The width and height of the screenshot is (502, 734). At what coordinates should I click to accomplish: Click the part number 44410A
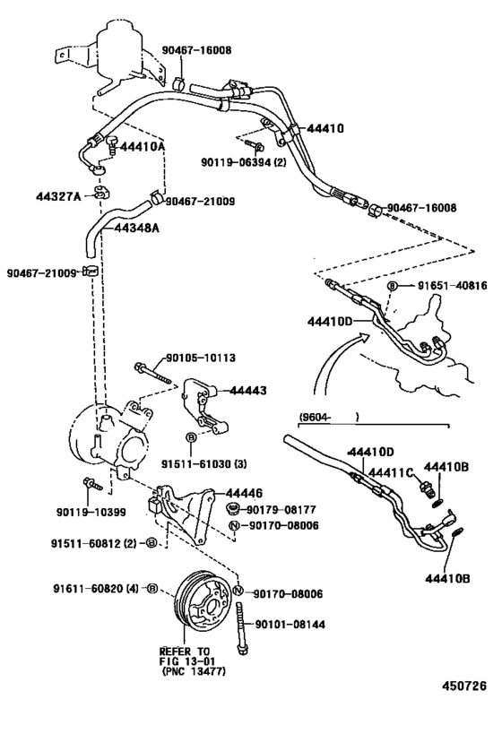tap(141, 146)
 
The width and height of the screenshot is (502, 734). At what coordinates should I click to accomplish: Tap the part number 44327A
tap(59, 196)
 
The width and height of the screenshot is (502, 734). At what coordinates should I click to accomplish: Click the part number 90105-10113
tap(200, 358)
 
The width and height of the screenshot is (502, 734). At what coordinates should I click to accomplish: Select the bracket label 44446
tap(244, 494)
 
